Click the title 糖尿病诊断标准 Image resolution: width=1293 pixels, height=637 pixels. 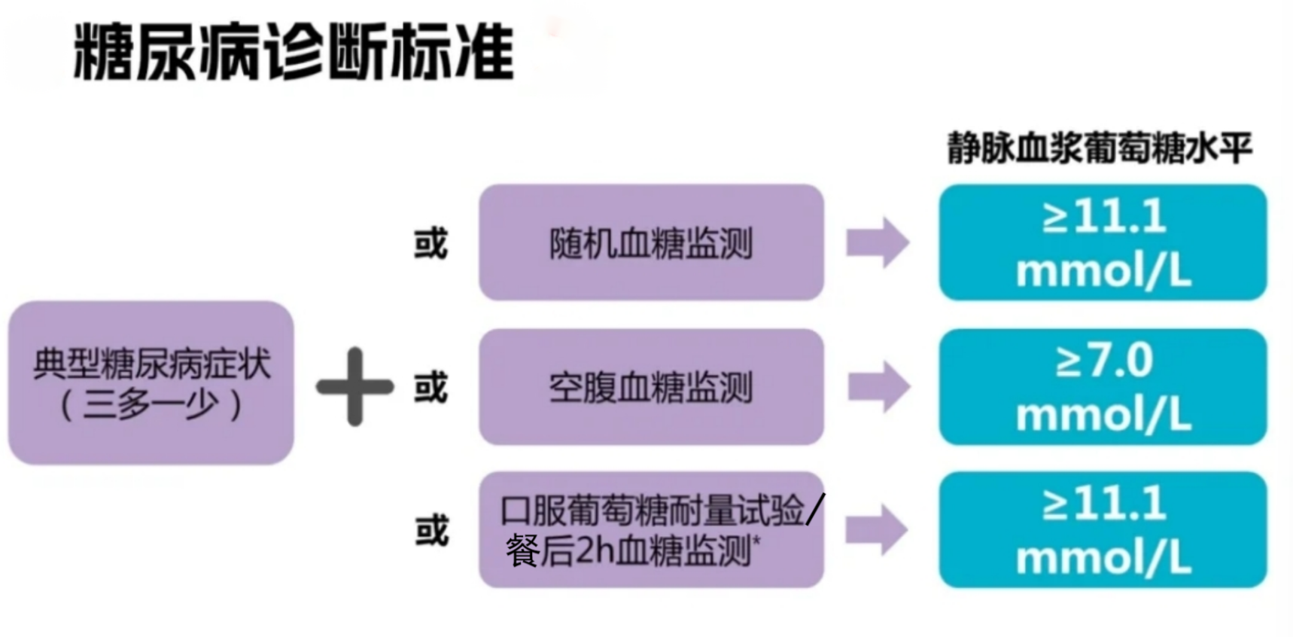click(x=294, y=53)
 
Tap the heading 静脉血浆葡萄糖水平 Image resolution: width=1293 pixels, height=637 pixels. click(x=1099, y=148)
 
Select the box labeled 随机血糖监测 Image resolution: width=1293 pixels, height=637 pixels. click(x=651, y=242)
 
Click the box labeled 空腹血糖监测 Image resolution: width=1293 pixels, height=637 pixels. click(x=651, y=387)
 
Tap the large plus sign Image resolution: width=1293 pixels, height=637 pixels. click(x=354, y=387)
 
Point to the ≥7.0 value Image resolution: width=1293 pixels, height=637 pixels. click(x=1103, y=360)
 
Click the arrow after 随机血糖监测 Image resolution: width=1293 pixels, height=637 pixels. click(x=878, y=242)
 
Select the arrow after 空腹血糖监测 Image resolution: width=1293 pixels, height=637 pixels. click(x=878, y=387)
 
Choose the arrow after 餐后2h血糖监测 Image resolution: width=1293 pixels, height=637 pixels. click(x=877, y=530)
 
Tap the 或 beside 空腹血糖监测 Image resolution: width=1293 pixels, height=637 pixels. click(x=430, y=388)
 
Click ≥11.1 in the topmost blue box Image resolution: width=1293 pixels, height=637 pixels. click(x=1103, y=217)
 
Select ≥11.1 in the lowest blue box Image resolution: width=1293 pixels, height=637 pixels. click(x=1103, y=504)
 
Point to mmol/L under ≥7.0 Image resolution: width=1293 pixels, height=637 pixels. click(x=1103, y=415)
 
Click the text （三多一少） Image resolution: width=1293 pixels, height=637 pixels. click(x=151, y=405)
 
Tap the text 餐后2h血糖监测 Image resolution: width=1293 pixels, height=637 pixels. click(x=628, y=551)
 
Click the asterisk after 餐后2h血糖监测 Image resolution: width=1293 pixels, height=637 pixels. click(x=756, y=540)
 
